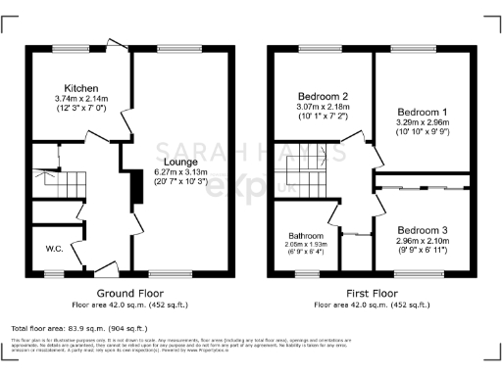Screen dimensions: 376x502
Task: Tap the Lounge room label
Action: pyautogui.click(x=179, y=161)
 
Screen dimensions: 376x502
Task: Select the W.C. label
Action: pyautogui.click(x=54, y=249)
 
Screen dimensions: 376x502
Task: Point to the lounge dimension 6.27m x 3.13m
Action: pyautogui.click(x=179, y=171)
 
